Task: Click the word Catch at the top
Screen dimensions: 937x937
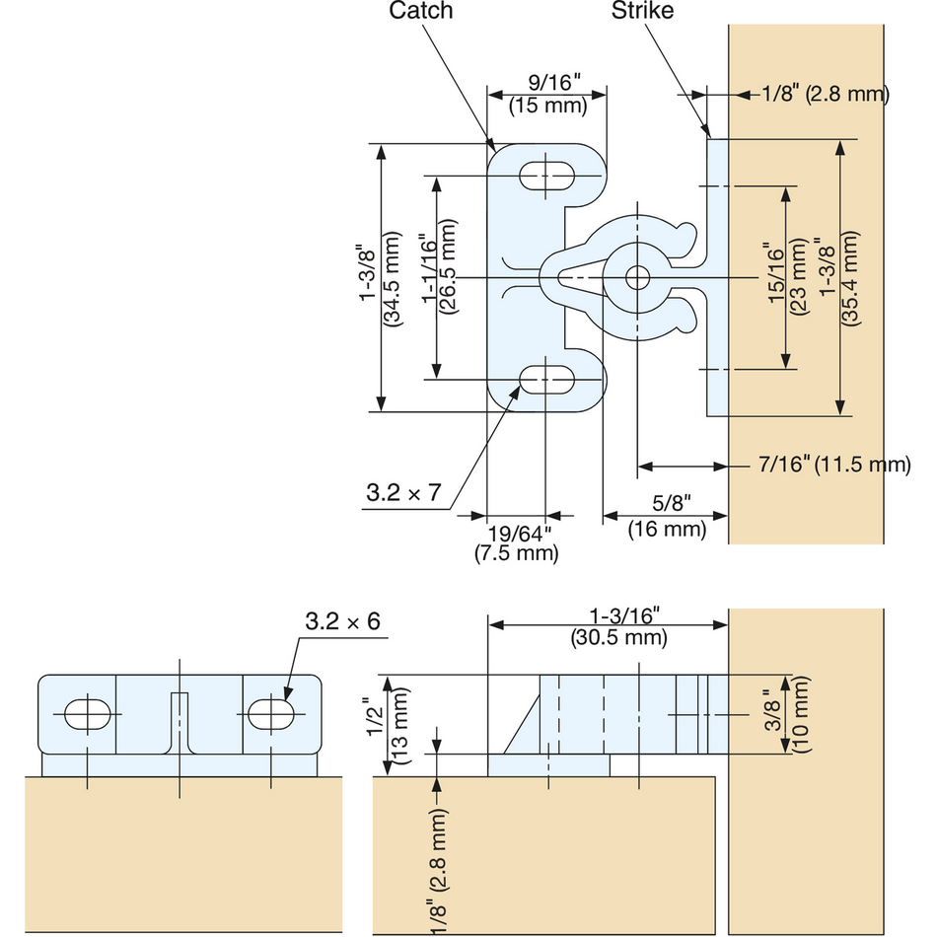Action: coord(421,12)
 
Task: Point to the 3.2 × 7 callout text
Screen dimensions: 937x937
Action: coord(402,494)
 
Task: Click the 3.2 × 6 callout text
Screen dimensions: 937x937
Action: coord(341,622)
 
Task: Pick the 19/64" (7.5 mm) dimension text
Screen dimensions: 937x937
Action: coord(519,543)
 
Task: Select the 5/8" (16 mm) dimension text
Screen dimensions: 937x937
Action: coord(668,519)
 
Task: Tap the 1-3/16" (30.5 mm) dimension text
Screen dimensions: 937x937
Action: coord(619,626)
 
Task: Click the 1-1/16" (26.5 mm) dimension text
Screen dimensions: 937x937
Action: coord(436,274)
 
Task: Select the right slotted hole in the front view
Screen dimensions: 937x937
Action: coord(271,712)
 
